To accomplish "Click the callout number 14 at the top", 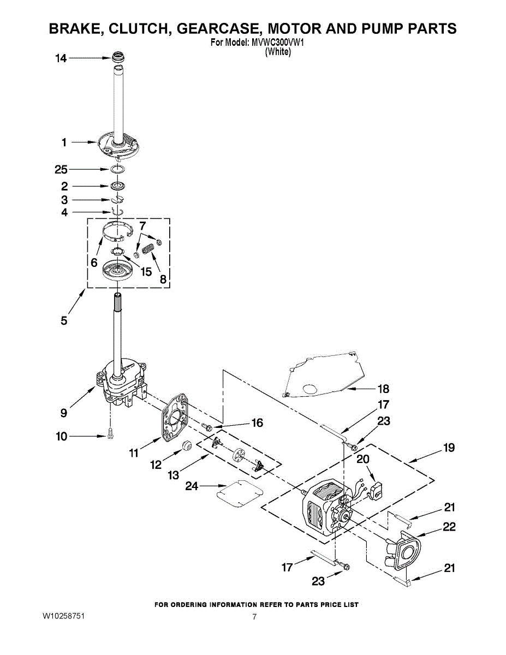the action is (x=61, y=58).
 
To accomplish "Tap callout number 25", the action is (x=61, y=170).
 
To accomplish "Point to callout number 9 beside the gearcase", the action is (x=64, y=413).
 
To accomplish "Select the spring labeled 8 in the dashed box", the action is (x=148, y=249).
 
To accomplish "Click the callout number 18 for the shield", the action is (x=383, y=389).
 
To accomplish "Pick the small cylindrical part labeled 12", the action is (x=187, y=445).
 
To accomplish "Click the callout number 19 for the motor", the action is (x=449, y=448).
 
